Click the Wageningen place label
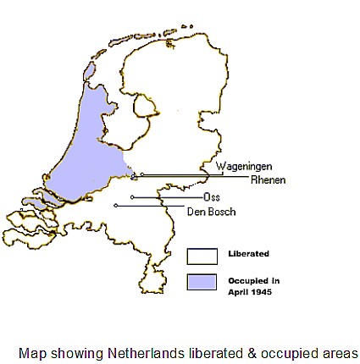[x=243, y=167]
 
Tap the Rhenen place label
[x=268, y=179]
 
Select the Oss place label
[x=212, y=197]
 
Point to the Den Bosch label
[x=211, y=211]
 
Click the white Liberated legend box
[x=202, y=256]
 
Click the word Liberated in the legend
[x=248, y=253]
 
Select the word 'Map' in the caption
[x=32, y=352]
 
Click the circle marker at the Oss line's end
[x=132, y=197]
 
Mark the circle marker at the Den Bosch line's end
[x=116, y=205]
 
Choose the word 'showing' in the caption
[x=77, y=352]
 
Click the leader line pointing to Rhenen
[x=195, y=178]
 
